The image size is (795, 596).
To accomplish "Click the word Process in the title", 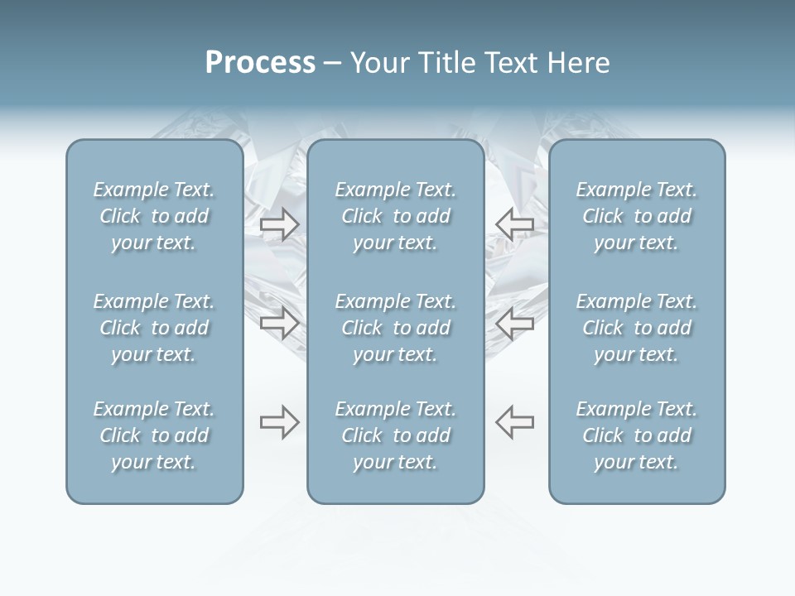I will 260,63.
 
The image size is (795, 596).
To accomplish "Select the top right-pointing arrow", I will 279,223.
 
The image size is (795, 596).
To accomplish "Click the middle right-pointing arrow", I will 279,322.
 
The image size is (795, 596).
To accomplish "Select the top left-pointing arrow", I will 515,223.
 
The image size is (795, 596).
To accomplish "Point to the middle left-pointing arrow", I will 515,322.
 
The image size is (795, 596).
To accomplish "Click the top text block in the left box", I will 154,216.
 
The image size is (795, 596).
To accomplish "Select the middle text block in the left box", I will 154,328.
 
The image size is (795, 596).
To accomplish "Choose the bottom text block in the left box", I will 154,435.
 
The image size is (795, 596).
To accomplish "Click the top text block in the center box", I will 395,216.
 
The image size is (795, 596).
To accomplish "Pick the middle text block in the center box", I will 395,328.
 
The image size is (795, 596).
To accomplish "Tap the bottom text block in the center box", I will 395,435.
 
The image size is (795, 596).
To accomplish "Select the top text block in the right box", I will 637,216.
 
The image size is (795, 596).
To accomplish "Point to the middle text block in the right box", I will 637,328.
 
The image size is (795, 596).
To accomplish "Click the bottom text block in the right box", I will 637,435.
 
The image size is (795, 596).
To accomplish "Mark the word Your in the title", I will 378,63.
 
